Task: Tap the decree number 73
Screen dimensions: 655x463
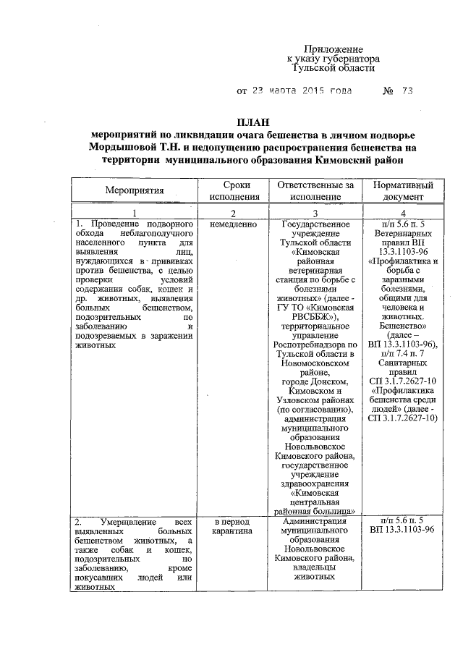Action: pyautogui.click(x=407, y=92)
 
